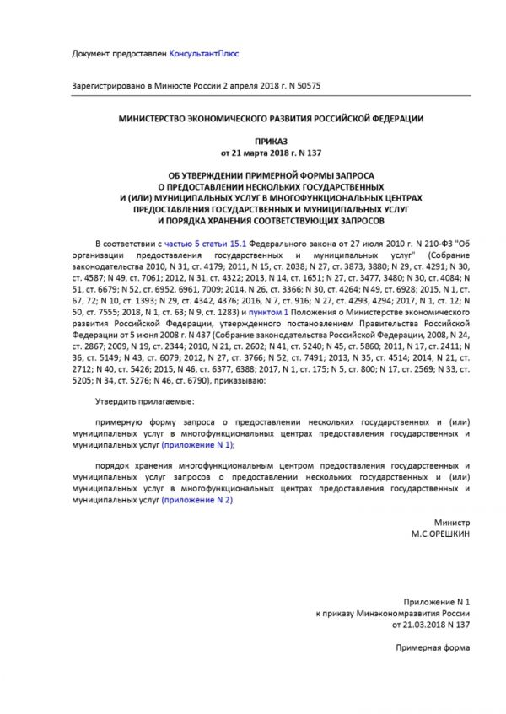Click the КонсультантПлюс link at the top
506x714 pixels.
[x=203, y=53]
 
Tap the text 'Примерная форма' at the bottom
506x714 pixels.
[x=432, y=647]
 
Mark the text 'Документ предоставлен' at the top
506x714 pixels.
[x=120, y=53]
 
